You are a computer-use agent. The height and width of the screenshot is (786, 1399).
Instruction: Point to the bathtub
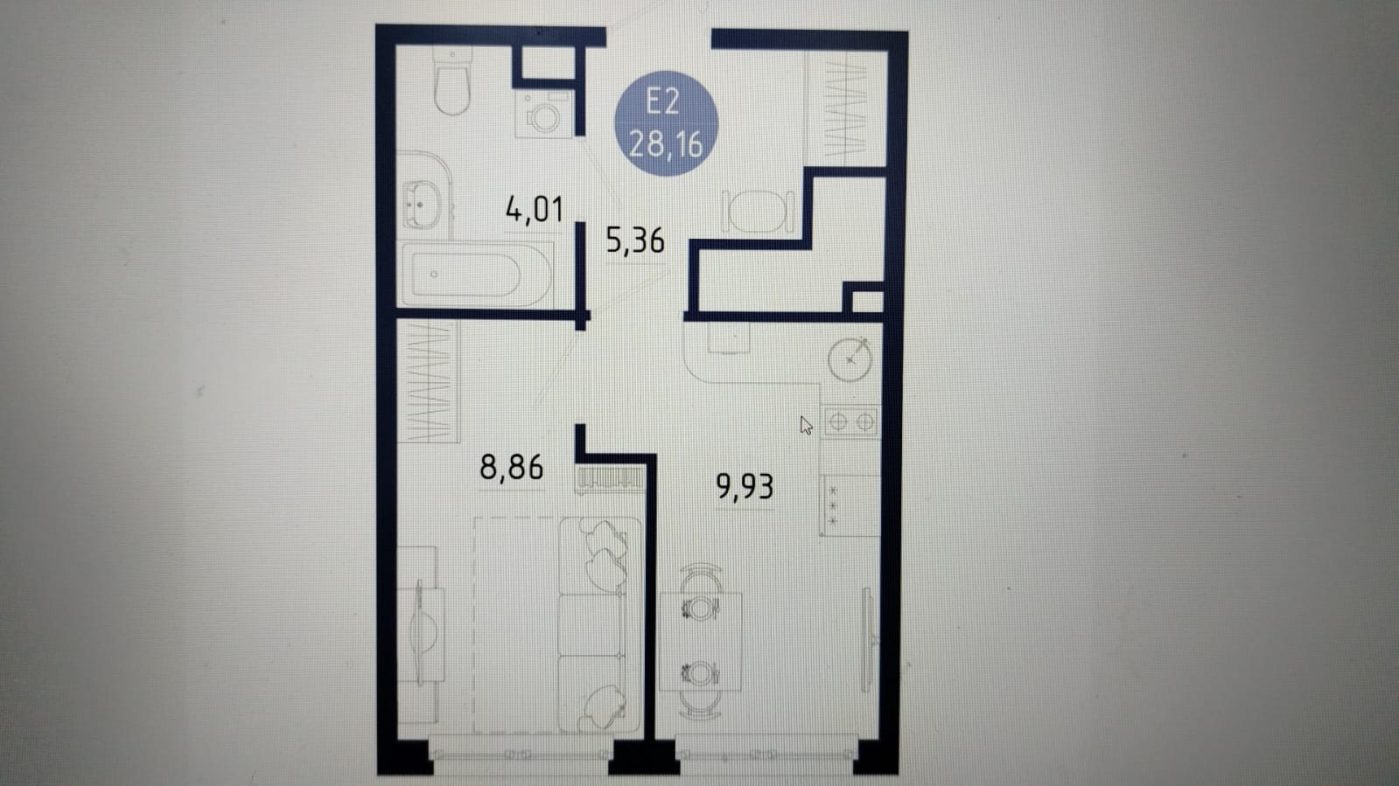pos(476,274)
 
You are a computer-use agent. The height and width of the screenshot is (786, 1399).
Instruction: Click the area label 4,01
pos(535,209)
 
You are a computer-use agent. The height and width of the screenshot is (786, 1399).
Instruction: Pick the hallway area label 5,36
pos(635,240)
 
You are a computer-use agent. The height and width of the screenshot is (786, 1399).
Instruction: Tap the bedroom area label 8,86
pos(512,467)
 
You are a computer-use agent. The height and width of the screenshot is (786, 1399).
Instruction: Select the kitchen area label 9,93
pos(745,486)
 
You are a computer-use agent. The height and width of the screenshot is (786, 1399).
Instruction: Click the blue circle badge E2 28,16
pos(666,123)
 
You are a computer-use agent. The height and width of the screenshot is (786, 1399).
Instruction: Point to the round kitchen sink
pos(850,359)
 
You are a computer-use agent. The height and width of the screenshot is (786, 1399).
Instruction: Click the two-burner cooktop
pos(851,422)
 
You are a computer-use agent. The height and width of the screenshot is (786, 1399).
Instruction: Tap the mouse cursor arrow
pos(806,426)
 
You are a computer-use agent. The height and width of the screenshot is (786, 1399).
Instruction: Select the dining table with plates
pos(700,641)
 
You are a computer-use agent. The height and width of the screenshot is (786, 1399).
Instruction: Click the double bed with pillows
pos(557,624)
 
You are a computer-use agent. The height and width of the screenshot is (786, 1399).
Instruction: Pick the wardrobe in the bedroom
pos(428,381)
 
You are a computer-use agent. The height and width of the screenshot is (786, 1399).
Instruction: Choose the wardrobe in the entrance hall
pos(846,108)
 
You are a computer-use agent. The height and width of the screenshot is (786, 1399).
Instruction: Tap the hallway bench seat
pos(759,212)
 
